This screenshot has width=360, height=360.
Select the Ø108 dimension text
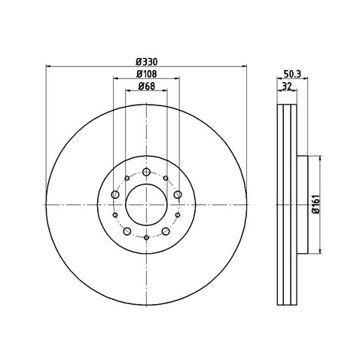click(x=145, y=74)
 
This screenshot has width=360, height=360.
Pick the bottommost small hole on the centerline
click(x=145, y=236)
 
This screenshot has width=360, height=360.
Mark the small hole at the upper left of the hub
click(x=125, y=178)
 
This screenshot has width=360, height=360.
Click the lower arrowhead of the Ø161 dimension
click(x=322, y=249)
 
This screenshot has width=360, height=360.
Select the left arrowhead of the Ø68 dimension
click(x=127, y=93)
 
